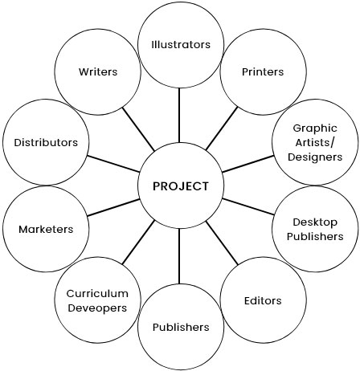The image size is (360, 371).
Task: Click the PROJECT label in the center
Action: click(181, 186)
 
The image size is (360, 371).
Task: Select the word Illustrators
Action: click(181, 44)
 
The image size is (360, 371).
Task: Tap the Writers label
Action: click(98, 71)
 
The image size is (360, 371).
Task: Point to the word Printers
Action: click(263, 71)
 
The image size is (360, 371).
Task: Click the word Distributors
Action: click(46, 142)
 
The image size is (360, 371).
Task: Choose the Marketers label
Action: click(46, 229)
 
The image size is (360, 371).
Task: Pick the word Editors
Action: click(263, 300)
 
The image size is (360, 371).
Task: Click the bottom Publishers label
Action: click(181, 327)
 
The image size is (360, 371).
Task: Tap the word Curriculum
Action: click(97, 294)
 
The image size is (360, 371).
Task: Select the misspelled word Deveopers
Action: click(97, 308)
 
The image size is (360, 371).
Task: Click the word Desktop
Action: click(315, 222)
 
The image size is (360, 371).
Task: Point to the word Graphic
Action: click(315, 128)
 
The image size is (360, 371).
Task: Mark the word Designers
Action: click(315, 157)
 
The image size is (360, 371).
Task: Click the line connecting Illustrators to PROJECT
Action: click(179, 116)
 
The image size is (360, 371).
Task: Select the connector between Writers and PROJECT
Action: click(138, 129)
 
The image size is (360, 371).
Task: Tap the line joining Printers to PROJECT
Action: click(222, 128)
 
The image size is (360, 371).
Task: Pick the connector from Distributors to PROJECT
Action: click(113, 164)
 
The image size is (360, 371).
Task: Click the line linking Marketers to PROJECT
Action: click(113, 207)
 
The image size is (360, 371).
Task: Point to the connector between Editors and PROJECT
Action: click(222, 243)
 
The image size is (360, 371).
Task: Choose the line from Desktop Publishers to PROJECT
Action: click(248, 206)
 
